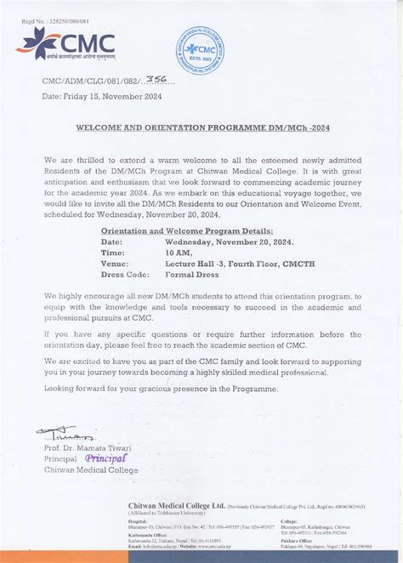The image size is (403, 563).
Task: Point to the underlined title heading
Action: coord(201,126)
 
